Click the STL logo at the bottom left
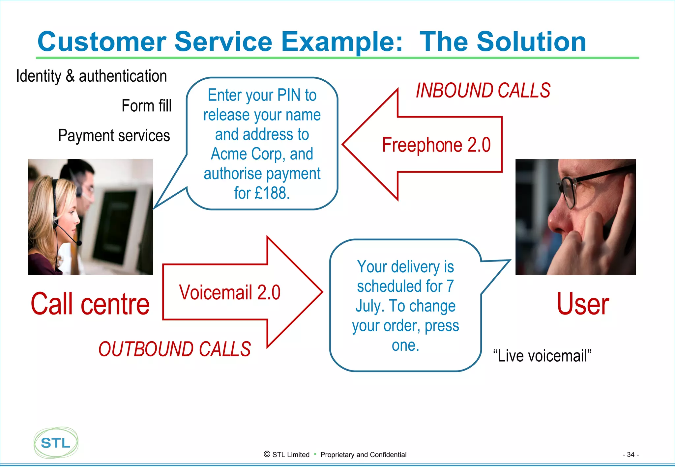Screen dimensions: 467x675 [56, 443]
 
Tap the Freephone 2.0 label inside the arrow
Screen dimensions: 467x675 [436, 145]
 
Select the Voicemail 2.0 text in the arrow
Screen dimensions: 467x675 [230, 292]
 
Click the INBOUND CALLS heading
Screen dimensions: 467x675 [483, 91]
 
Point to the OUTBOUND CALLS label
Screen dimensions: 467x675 [174, 349]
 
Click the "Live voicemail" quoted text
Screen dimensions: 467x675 [542, 356]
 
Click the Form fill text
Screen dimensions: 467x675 [146, 106]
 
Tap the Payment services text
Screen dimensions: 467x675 [114, 135]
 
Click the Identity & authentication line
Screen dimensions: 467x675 [91, 76]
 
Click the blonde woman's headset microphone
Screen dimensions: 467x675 [79, 243]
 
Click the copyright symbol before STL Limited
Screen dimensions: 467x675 [267, 454]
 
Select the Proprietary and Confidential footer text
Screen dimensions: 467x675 [363, 454]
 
